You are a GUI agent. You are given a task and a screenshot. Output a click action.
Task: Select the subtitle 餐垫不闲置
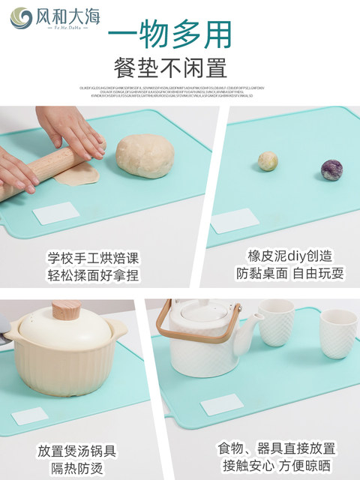[169, 69]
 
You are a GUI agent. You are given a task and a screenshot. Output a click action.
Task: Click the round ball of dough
[145, 156]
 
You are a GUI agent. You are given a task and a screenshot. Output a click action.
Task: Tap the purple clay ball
[331, 170]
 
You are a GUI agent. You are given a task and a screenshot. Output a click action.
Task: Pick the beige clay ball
[268, 160]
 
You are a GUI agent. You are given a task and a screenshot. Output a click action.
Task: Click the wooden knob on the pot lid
[66, 310]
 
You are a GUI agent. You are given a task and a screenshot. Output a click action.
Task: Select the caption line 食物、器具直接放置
[277, 448]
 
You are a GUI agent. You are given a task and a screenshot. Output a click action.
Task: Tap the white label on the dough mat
[56, 213]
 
